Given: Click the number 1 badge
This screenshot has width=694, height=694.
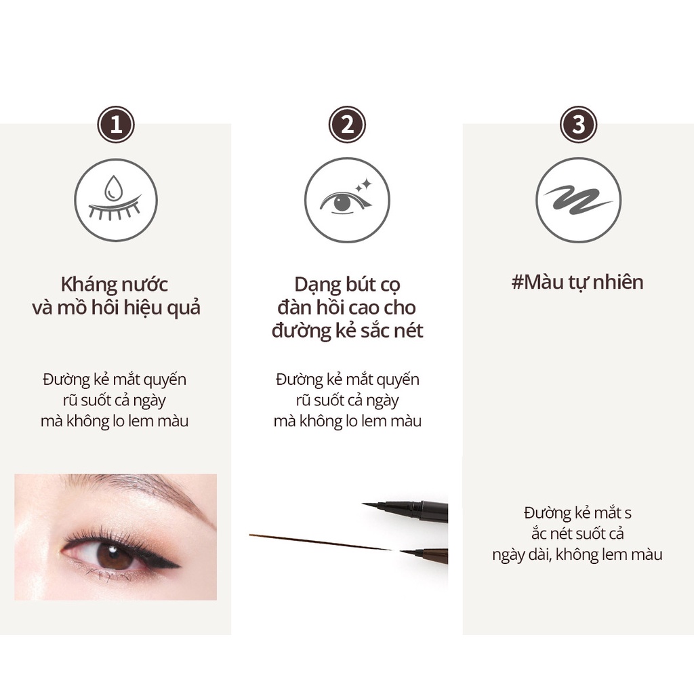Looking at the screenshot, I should click(116, 125).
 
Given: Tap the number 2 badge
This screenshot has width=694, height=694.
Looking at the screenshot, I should click(347, 125).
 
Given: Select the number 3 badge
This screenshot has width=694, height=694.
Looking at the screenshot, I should click(578, 125).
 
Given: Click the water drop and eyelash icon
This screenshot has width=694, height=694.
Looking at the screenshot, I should click(116, 200).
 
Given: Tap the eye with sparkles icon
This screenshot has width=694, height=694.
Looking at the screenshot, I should click(347, 200).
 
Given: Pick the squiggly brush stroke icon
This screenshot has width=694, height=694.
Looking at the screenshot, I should click(578, 200).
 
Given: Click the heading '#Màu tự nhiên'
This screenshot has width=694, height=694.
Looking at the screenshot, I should click(577, 281).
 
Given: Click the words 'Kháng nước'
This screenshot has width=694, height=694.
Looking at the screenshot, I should click(114, 285).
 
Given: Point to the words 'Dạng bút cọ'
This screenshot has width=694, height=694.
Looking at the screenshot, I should click(347, 285).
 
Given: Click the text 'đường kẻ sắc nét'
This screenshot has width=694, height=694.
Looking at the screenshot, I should click(347, 331).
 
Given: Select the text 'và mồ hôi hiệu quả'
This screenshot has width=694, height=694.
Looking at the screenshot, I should click(116, 308).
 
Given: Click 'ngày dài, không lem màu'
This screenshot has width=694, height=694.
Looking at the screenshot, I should click(577, 555).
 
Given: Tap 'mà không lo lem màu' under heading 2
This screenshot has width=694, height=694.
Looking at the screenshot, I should click(347, 421).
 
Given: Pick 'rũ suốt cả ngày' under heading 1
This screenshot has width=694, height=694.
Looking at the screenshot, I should click(114, 401).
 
